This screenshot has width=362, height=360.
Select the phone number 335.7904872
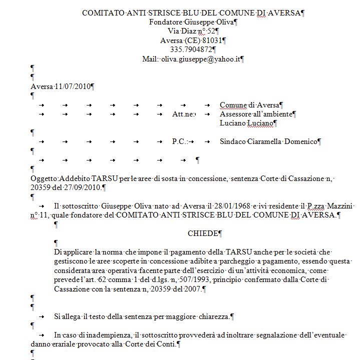tap(191, 49)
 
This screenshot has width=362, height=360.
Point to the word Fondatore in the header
tap(166, 22)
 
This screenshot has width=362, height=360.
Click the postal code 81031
tap(212, 40)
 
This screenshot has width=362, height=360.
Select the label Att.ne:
tap(183, 114)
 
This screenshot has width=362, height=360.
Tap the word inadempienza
tap(105, 335)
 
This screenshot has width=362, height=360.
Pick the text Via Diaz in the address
tap(182, 31)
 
